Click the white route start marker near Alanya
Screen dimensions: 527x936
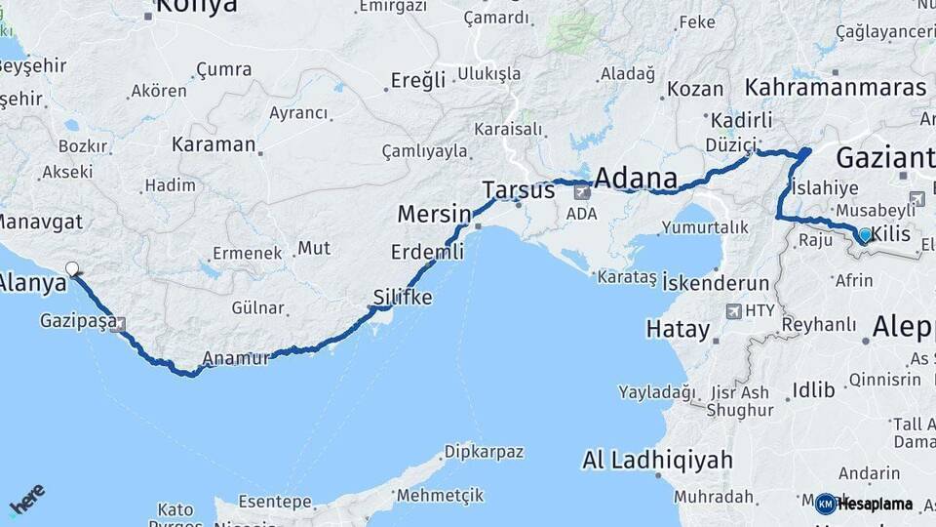tap(71, 268)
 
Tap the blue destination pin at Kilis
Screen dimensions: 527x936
tap(864, 234)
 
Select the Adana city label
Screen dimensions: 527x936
tap(635, 179)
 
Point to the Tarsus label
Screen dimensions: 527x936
tap(518, 190)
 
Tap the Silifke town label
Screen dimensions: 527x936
tap(402, 297)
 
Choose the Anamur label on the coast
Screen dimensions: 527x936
tap(236, 358)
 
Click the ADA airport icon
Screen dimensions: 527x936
tap(582, 192)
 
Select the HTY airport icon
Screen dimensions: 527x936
tap(733, 311)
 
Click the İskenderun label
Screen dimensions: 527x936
tap(716, 283)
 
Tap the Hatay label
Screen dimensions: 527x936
tap(678, 330)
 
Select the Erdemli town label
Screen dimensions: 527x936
tap(427, 252)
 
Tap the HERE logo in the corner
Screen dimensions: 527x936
tap(27, 499)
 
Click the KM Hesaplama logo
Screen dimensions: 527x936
tap(864, 504)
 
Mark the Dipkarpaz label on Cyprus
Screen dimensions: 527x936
tap(484, 452)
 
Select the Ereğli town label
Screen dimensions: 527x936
tap(417, 80)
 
